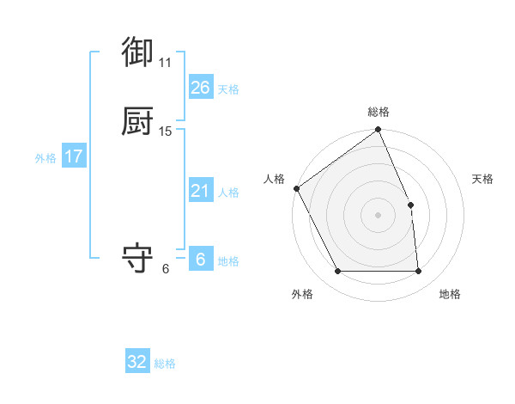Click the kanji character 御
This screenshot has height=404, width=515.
[137, 52]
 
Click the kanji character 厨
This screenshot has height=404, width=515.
[137, 120]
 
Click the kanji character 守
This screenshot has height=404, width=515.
[137, 258]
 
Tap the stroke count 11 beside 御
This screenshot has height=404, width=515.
[165, 63]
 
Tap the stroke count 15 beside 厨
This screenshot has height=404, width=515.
[165, 132]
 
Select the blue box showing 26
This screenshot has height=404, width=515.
[200, 88]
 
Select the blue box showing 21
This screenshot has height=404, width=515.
[200, 191]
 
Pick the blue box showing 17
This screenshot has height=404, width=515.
[73, 156]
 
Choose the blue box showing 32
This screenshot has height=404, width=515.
[137, 362]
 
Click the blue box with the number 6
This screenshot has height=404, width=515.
[200, 260]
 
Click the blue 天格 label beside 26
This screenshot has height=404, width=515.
[228, 89]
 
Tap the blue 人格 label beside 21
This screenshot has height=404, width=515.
[228, 193]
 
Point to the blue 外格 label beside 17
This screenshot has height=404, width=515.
[45, 158]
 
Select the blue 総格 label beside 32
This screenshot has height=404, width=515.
[165, 364]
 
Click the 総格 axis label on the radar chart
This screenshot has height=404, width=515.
[379, 112]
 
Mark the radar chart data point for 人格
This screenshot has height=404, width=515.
[297, 188]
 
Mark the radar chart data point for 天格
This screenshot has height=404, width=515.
[410, 205]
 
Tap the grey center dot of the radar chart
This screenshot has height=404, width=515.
[379, 215]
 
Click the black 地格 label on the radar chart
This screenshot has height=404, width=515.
[450, 294]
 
